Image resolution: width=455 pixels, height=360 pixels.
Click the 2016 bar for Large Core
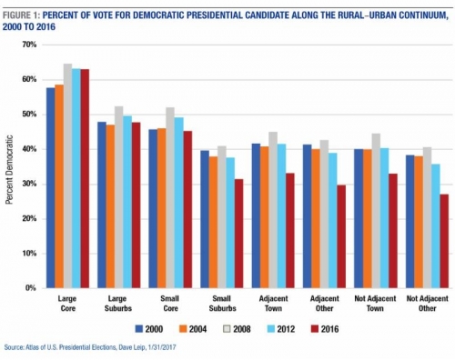point(85,178)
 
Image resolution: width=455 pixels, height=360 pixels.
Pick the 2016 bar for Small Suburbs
point(239,233)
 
